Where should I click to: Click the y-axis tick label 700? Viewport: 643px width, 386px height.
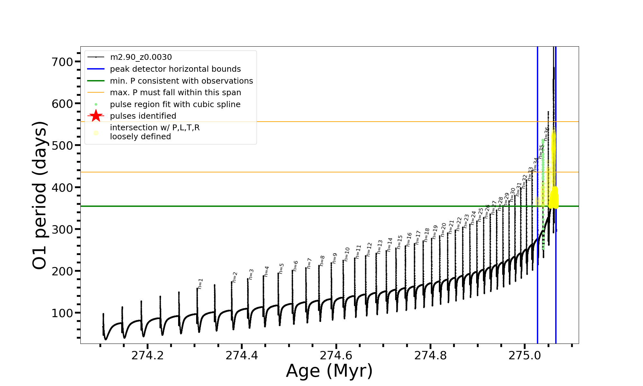(x=62, y=62)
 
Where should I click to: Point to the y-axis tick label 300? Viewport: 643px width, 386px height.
(x=62, y=229)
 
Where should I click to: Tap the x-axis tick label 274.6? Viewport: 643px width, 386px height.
(x=336, y=355)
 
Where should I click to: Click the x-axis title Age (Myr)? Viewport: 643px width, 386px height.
(x=329, y=371)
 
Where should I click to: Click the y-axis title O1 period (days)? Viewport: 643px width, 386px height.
(x=40, y=195)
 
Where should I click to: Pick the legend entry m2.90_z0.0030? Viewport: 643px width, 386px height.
(x=141, y=57)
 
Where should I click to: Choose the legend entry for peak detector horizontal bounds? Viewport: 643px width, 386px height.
(x=175, y=69)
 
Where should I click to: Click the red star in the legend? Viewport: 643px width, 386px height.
(x=96, y=116)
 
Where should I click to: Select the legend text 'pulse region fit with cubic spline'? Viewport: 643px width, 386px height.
(x=175, y=105)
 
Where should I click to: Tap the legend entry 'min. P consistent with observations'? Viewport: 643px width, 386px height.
(x=181, y=81)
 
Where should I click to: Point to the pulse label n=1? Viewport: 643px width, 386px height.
(x=200, y=284)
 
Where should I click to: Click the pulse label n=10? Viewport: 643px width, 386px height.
(x=347, y=254)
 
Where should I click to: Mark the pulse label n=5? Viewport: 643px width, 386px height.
(x=281, y=269)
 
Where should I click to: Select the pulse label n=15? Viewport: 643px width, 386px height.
(x=400, y=242)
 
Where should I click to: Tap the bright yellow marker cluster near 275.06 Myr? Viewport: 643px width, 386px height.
(x=554, y=198)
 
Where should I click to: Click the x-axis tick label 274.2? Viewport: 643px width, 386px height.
(x=148, y=355)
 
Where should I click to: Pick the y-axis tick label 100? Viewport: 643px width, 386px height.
(x=62, y=313)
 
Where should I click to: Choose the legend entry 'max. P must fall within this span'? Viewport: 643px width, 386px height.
(x=175, y=93)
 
